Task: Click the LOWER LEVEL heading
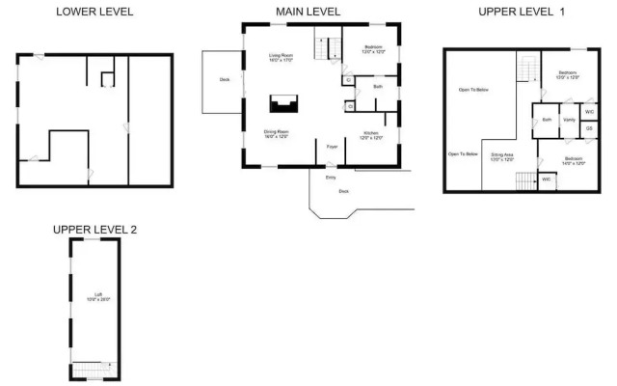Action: [x=94, y=13]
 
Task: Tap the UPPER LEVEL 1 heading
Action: [x=520, y=12]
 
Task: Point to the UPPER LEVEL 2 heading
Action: [x=95, y=229]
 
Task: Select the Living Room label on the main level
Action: [x=281, y=58]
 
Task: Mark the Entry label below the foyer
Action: [x=331, y=178]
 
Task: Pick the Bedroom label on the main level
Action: [x=373, y=48]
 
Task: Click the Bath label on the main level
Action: [x=378, y=87]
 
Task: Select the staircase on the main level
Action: [x=327, y=46]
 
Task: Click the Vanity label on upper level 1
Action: [x=569, y=120]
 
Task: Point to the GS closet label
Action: [x=588, y=128]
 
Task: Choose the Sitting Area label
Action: [x=501, y=155]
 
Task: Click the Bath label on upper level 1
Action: [x=547, y=120]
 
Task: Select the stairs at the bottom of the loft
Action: [x=94, y=369]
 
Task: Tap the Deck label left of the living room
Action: [x=224, y=80]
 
